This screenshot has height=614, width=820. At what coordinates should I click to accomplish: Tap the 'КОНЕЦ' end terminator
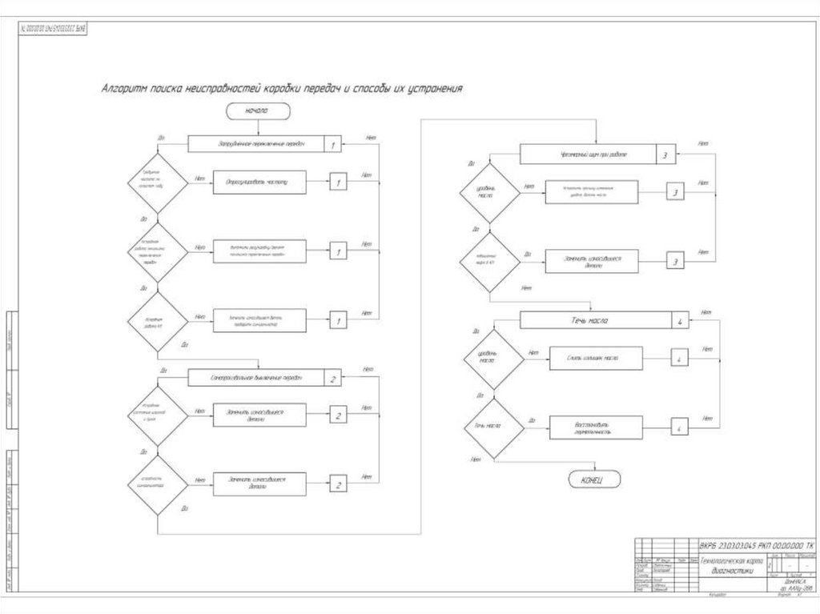596,480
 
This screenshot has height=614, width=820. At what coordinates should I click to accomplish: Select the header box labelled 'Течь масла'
596,320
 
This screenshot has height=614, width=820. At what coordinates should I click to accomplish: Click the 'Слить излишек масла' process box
596,358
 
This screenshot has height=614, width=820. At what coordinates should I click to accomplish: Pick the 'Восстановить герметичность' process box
596,427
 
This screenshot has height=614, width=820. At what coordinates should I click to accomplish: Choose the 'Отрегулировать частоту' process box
259,183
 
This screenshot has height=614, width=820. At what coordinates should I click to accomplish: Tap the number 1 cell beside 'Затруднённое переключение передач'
332,145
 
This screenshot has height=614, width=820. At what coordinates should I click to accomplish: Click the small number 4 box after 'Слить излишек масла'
679,359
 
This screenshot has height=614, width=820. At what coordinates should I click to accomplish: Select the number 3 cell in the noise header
665,155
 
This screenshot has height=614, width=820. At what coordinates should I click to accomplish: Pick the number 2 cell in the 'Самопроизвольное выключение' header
332,379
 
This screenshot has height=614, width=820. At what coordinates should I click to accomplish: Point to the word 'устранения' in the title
437,87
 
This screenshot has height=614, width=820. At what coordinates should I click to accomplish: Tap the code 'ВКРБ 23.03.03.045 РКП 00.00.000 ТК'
756,545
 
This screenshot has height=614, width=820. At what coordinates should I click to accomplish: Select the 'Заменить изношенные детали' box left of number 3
592,260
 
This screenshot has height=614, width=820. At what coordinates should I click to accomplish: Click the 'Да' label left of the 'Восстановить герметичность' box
529,419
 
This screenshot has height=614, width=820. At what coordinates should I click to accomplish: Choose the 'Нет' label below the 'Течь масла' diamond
476,459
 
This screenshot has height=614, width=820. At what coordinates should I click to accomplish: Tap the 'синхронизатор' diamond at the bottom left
158,484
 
